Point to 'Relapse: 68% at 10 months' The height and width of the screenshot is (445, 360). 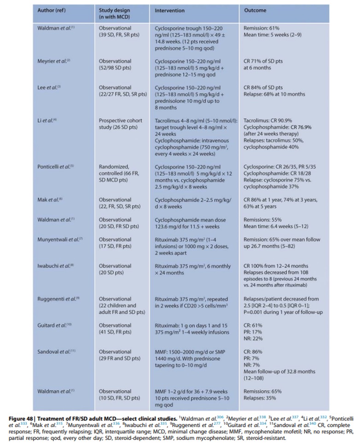coord(274,94)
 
